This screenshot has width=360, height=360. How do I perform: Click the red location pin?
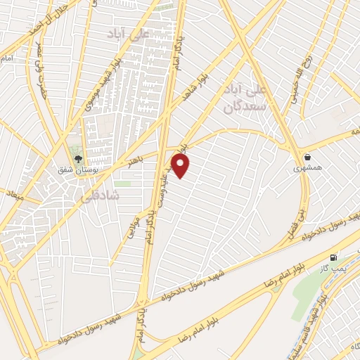[181, 166]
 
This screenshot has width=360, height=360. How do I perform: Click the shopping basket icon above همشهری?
[308, 157]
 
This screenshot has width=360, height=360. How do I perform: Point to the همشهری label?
[307, 169]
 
